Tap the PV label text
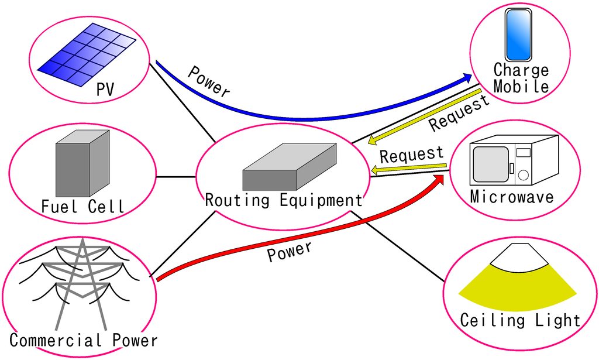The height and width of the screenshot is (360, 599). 105,90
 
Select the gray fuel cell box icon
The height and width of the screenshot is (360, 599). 82,163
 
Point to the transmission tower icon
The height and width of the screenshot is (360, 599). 82,281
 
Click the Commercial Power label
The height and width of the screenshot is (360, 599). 84,340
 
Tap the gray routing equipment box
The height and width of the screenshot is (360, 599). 290,167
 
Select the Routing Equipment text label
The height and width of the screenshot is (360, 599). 284,201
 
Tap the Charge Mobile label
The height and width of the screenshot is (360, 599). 521,78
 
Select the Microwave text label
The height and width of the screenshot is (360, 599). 512,196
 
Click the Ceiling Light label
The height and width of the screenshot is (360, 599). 520,320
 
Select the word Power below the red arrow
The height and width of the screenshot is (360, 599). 290,251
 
